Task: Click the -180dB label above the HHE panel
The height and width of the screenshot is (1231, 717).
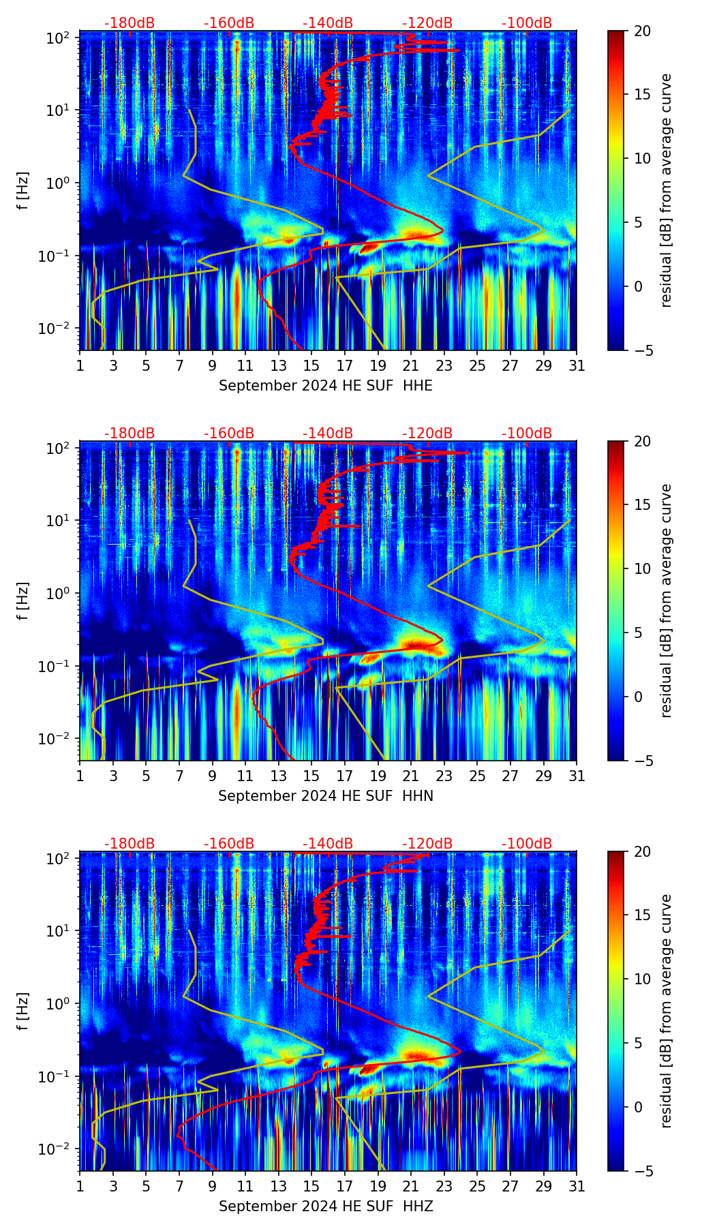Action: click(129, 23)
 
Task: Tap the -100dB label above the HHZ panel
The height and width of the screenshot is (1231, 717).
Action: click(527, 844)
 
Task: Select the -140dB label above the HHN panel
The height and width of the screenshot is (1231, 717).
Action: click(328, 434)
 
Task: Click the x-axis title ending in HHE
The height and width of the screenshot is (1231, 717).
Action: click(326, 386)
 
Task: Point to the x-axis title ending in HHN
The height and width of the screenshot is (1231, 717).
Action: click(326, 796)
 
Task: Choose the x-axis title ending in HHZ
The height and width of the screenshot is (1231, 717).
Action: click(326, 1206)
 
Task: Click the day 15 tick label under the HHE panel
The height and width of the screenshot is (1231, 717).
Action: click(311, 365)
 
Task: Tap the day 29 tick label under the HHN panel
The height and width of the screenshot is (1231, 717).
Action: click(543, 776)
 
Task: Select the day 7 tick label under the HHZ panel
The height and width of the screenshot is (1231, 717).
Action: click(179, 1186)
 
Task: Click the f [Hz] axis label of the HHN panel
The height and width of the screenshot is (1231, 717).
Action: click(24, 601)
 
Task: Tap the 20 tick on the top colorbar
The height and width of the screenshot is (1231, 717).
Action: click(642, 31)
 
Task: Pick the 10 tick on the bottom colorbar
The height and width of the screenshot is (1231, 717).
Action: click(642, 979)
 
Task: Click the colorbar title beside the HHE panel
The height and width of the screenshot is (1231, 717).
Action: click(666, 190)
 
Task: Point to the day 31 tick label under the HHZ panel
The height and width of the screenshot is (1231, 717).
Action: click(577, 1186)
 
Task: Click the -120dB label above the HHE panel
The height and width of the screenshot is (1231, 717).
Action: click(427, 23)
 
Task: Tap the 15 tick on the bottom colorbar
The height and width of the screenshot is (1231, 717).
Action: click(642, 915)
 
